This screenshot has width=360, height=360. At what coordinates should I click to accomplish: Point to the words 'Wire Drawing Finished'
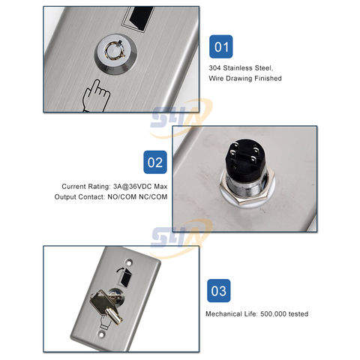[245, 78]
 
